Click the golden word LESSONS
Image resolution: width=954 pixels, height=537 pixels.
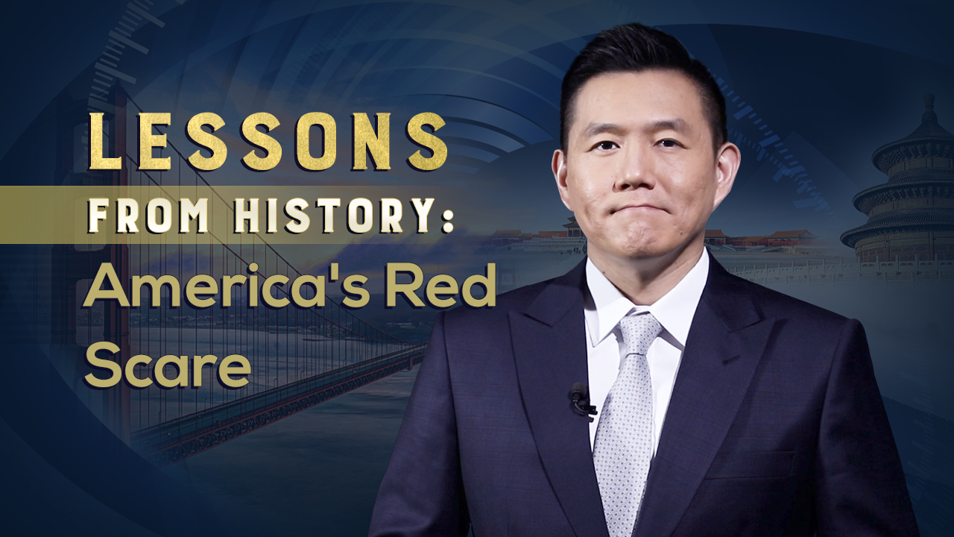268,142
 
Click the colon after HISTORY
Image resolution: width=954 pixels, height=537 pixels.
447,221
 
